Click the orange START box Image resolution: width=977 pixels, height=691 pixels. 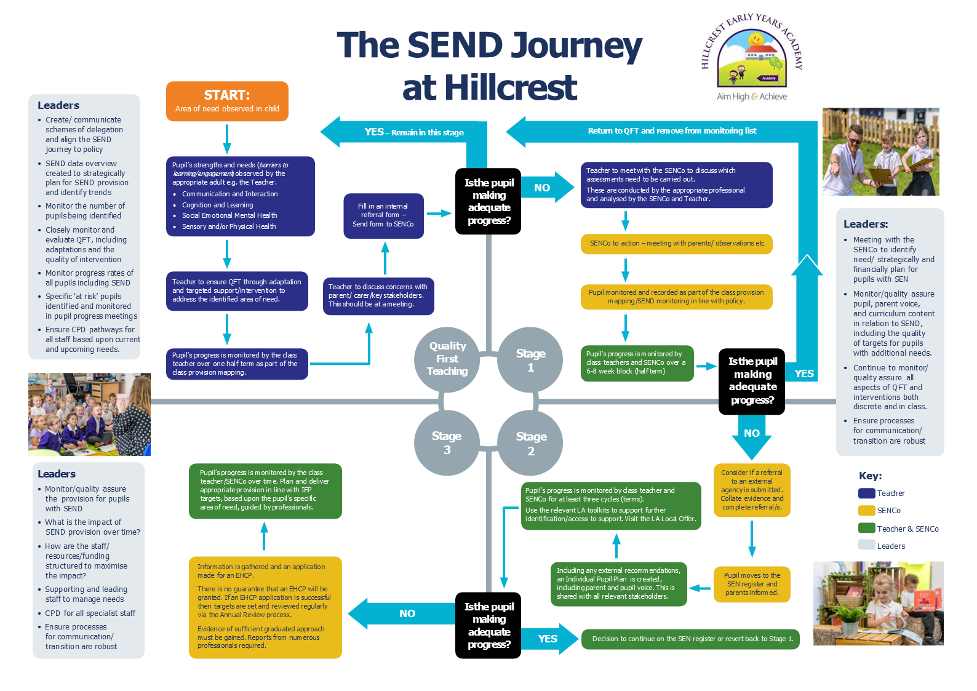[227, 101]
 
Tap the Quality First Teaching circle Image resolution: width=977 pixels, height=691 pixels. [447, 359]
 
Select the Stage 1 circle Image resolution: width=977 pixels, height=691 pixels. [530, 360]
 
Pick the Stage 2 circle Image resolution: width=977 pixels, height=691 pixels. [530, 443]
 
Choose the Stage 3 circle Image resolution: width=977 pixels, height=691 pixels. [447, 442]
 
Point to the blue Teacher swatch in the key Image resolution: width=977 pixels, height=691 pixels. [866, 493]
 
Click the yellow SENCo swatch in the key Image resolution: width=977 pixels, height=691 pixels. [866, 510]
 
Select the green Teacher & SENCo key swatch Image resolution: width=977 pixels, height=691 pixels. [866, 528]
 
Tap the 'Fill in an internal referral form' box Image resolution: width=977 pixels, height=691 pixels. [383, 215]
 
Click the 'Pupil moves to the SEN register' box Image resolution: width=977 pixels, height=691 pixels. [751, 584]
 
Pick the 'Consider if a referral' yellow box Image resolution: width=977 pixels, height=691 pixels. [751, 490]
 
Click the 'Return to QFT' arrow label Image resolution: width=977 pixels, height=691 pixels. [672, 131]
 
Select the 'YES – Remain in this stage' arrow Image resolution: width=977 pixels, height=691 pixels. [413, 132]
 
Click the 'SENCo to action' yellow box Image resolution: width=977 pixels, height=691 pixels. [676, 244]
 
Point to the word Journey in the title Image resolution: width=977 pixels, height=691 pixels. [576, 46]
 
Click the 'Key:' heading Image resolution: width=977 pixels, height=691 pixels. [870, 476]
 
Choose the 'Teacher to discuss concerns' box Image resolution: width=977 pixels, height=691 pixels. [378, 296]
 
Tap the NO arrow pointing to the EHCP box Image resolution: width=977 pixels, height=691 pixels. [406, 613]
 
